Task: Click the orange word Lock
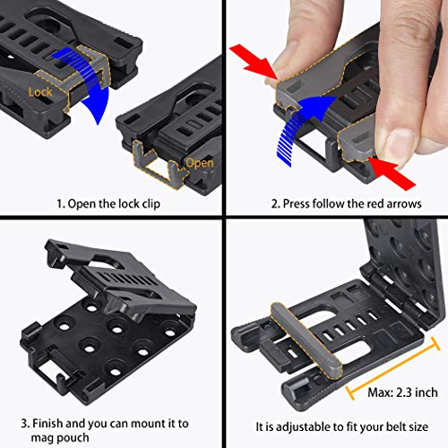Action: [x=41, y=91]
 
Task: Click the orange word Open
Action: [x=199, y=162]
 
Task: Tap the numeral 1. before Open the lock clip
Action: [x=59, y=202]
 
